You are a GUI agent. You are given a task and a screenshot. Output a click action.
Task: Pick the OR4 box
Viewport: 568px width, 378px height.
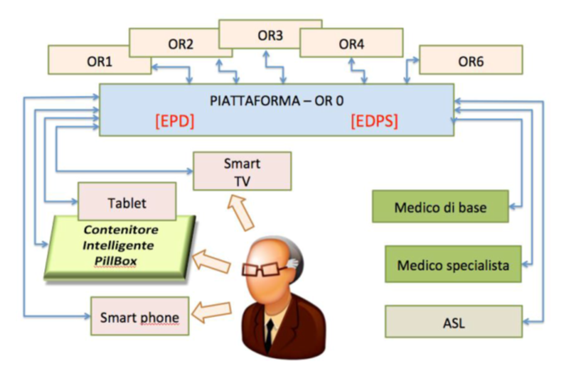[x=351, y=42]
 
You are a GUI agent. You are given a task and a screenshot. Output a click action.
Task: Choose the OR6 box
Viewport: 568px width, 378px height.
[x=471, y=60]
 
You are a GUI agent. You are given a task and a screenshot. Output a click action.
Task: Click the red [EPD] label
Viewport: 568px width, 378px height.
[x=174, y=121]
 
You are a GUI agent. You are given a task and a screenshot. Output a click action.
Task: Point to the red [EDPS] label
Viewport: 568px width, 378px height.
[x=374, y=121]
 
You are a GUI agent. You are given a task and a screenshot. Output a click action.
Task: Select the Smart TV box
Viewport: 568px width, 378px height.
[x=242, y=170]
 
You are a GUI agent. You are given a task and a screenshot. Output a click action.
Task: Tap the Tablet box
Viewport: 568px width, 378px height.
[x=127, y=201]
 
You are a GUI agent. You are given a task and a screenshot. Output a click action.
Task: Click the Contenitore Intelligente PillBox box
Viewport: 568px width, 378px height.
[x=121, y=246]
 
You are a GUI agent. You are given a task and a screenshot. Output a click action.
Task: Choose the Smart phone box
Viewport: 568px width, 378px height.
[x=139, y=316]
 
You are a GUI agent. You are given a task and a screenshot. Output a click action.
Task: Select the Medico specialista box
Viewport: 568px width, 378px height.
[x=452, y=264]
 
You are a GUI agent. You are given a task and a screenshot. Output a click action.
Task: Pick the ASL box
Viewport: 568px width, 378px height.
[x=452, y=322]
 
